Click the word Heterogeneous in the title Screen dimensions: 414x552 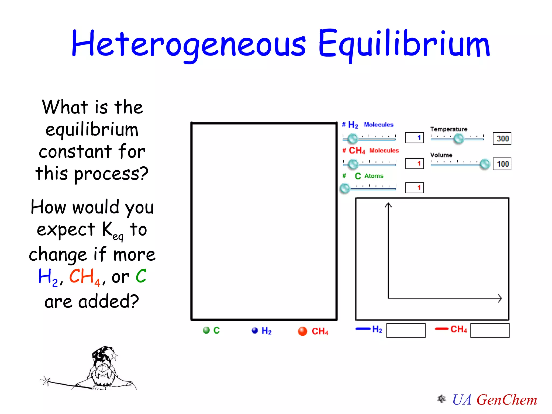tap(189, 44)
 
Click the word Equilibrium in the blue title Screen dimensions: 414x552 tap(404, 44)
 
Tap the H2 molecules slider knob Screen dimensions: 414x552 tap(353, 139)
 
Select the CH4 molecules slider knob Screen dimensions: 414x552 tap(353, 164)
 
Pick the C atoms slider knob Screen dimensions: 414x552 tap(345, 188)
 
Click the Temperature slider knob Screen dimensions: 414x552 tap(459, 139)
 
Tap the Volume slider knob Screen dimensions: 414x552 tap(485, 164)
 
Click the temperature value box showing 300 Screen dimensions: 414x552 tap(502, 139)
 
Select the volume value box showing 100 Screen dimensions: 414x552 tap(502, 164)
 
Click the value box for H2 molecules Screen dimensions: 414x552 tap(415, 138)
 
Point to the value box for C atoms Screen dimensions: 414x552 tap(415, 188)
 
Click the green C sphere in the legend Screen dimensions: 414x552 tap(206, 330)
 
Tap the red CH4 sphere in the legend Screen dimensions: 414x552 tap(302, 331)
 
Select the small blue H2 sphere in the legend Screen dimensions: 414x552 tap(254, 330)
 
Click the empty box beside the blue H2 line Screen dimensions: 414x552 tap(406, 330)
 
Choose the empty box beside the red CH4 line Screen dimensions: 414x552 tap(490, 330)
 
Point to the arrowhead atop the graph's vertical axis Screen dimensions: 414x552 tap(388, 205)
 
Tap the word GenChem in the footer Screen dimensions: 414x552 tap(507, 400)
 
